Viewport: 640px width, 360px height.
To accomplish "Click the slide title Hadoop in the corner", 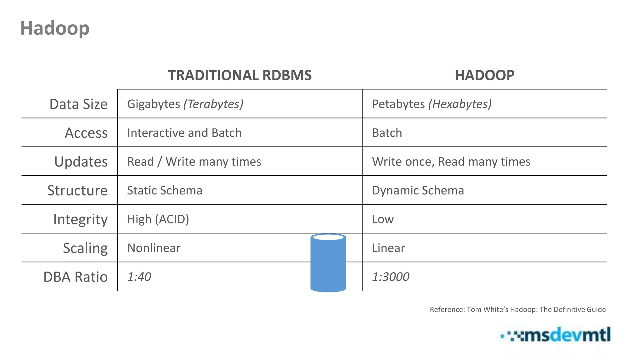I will pos(55,28).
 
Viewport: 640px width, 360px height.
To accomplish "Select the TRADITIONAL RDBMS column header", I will pos(240,75).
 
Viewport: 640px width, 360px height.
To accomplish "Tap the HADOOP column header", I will pos(484,75).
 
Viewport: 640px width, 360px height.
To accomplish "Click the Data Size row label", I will pos(78,104).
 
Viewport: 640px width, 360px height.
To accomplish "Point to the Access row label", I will pos(86,133).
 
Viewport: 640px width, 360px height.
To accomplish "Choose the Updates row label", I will pos(81,162).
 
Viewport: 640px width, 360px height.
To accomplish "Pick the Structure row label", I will pos(77,190).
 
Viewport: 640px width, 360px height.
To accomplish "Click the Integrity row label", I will pos(80,219).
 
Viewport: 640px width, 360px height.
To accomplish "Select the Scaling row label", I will pos(85,248).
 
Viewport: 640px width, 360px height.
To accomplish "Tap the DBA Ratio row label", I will pos(75,277).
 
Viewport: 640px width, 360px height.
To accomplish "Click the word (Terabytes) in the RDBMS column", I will pos(213,104).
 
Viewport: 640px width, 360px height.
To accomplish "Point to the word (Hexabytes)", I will pos(460,104).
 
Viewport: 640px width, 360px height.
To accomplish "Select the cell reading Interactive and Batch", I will pos(184,133).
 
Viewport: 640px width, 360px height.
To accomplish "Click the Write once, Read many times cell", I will pos(451,162).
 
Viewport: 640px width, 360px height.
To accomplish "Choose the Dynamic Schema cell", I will pos(418,190).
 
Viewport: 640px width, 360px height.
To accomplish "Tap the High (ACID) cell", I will pos(158,219).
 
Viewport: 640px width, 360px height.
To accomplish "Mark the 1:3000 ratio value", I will pos(391,277).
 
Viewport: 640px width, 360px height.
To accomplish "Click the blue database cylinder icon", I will pos(328,263).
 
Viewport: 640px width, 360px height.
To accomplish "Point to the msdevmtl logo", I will pos(556,335).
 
